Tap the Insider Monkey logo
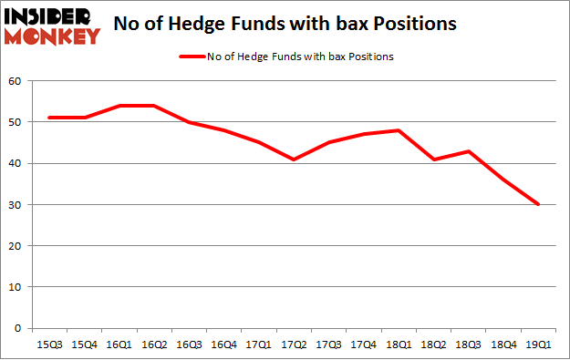click(x=52, y=26)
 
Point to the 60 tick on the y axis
click(x=15, y=81)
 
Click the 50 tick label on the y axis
click(x=15, y=122)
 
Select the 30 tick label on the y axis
click(x=15, y=205)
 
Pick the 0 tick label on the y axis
click(x=17, y=328)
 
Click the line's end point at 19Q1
click(x=538, y=204)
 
